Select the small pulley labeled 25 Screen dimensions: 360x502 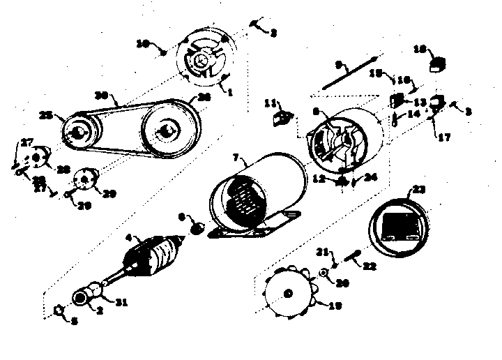[81, 130]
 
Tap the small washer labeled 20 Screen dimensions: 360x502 [325, 271]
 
